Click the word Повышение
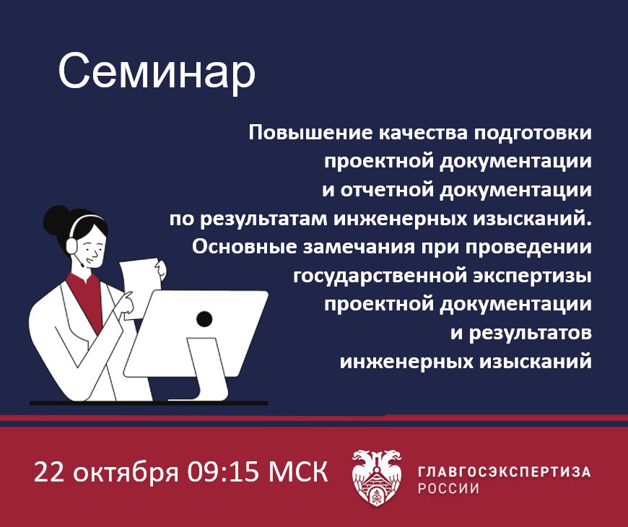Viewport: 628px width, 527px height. click(311, 133)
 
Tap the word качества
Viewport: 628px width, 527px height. click(423, 134)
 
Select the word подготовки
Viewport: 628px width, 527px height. click(533, 134)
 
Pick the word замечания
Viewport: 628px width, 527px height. click(359, 248)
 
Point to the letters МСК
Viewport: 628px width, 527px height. click(298, 471)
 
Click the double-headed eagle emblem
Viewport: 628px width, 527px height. click(377, 477)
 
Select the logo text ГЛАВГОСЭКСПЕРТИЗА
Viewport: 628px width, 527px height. click(505, 471)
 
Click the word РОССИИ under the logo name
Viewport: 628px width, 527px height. click(448, 489)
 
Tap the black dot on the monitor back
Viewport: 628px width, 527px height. click(204, 319)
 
